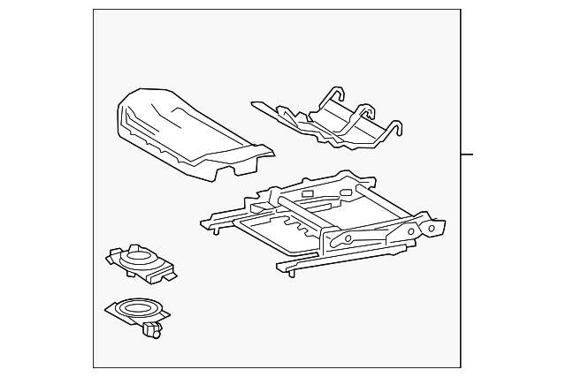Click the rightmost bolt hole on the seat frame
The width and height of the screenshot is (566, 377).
(x=432, y=227)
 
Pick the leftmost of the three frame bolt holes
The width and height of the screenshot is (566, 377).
(x=348, y=238)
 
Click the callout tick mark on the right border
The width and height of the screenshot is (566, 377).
(x=467, y=155)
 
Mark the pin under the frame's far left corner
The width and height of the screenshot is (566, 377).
(x=213, y=230)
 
